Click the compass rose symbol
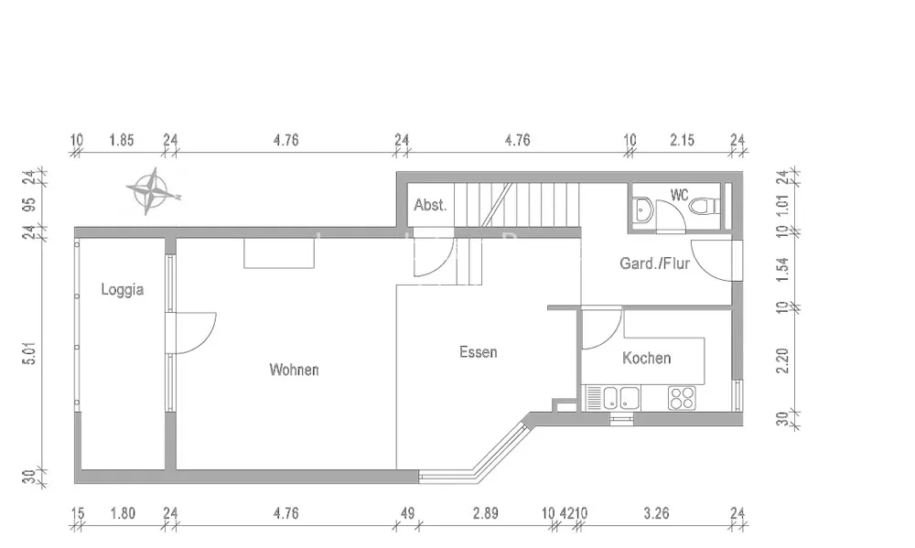click(154, 191)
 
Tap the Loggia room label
click(123, 289)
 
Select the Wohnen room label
click(294, 370)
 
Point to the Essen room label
click(479, 352)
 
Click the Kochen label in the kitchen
click(647, 358)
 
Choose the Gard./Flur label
click(655, 263)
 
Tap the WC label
click(680, 195)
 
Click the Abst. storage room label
click(430, 205)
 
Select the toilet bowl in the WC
click(705, 207)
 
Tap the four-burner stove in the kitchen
click(683, 398)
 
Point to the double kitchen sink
click(620, 398)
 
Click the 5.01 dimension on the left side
click(30, 353)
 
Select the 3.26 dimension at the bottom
click(656, 513)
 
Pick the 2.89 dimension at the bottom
click(486, 513)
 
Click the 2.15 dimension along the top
click(683, 140)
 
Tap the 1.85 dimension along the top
click(122, 140)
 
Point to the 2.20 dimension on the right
click(782, 360)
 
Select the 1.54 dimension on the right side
click(782, 269)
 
